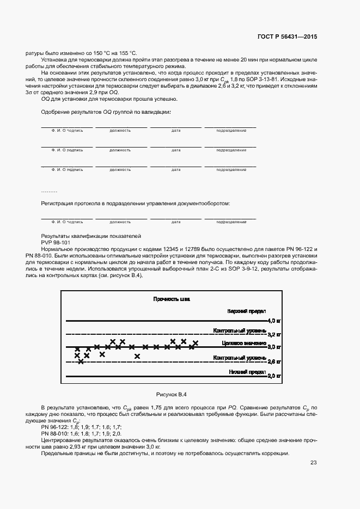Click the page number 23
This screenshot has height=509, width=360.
click(314, 463)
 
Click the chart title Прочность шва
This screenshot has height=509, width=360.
click(172, 299)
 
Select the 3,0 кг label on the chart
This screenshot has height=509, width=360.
click(274, 347)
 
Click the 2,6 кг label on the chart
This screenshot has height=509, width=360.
click(274, 361)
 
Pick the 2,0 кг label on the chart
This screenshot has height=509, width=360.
click(274, 376)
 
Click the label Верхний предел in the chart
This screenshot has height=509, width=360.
click(247, 311)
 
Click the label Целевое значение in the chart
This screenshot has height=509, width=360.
click(244, 344)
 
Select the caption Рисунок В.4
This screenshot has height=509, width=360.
click(172, 394)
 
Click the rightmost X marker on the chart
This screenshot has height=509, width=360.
click(196, 343)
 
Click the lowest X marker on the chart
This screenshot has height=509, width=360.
click(81, 361)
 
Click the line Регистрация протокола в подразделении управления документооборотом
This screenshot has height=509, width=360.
click(136, 203)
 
